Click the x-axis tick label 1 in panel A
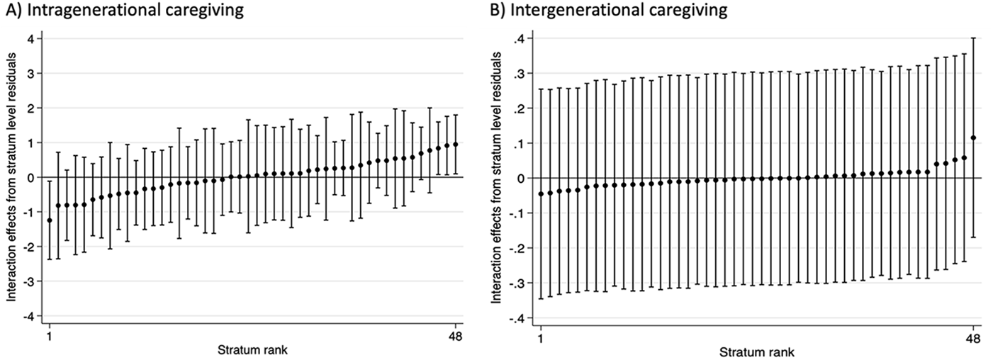tap(49, 337)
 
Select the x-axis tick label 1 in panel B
tap(541, 339)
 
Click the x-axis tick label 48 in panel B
tap(973, 339)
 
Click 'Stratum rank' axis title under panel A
tap(252, 349)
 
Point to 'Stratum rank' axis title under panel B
tap(756, 351)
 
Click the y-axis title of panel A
tap(12, 177)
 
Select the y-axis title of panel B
tap(496, 177)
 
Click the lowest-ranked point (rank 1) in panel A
tap(49, 220)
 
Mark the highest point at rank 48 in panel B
tap(973, 138)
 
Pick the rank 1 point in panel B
tap(542, 193)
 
